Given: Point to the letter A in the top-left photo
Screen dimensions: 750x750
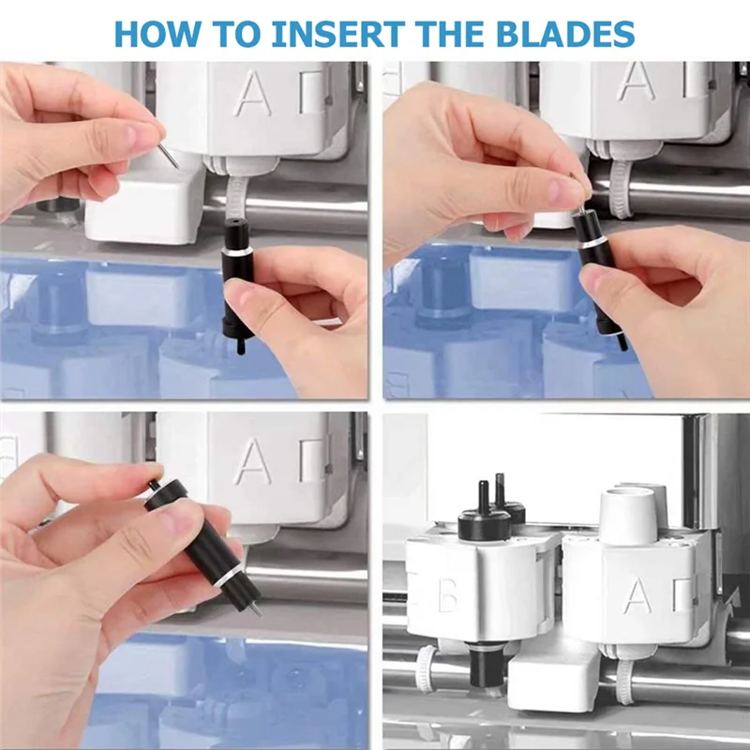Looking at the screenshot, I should point(253,94).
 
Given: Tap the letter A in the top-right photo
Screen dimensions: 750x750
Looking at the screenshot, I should point(637,82).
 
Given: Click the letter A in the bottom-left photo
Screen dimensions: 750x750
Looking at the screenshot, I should point(253,461).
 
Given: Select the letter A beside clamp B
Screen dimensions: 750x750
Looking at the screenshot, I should point(637,594).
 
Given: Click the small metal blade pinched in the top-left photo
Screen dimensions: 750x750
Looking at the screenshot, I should point(168,153).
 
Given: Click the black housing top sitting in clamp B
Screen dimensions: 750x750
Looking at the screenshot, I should point(484,516).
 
